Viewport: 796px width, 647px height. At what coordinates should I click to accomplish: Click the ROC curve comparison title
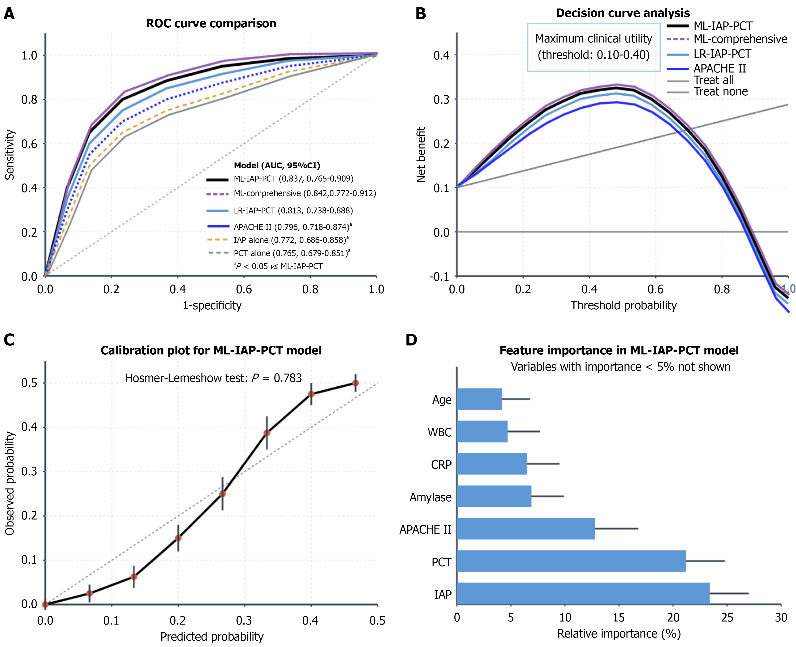211,23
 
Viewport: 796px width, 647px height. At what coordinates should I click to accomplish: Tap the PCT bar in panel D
571,561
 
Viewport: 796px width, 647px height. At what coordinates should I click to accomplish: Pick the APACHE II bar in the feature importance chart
526,528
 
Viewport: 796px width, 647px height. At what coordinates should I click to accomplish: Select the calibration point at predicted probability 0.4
311,394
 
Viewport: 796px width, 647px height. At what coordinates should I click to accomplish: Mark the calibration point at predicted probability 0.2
178,538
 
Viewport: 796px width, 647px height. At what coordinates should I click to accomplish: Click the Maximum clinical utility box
594,47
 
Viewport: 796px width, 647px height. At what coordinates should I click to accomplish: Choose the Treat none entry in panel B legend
720,92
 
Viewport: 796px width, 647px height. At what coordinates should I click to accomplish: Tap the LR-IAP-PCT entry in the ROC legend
293,211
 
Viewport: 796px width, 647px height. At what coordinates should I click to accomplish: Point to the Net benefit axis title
421,154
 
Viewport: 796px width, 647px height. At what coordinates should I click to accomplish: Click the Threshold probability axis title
623,305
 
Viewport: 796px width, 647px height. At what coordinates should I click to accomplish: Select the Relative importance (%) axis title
619,634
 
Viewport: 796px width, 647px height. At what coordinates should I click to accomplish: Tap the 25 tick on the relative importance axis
727,617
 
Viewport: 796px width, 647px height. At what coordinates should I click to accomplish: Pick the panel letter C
9,340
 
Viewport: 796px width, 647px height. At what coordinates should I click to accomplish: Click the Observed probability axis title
10,483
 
